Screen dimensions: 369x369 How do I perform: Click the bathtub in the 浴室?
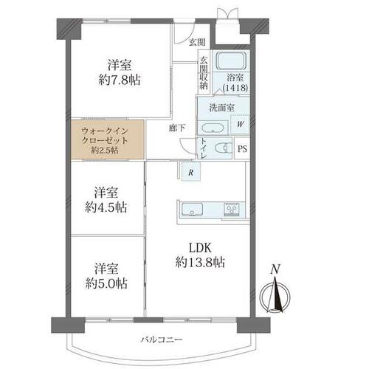pyautogui.click(x=231, y=61)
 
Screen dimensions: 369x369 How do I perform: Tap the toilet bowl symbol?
pyautogui.click(x=224, y=148)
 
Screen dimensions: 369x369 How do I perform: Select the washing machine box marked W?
pyautogui.click(x=240, y=124)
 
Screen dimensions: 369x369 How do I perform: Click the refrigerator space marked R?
pyautogui.click(x=191, y=172)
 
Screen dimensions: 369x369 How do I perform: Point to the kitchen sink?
pyautogui.click(x=192, y=210)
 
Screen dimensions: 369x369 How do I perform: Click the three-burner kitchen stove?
pyautogui.click(x=232, y=210)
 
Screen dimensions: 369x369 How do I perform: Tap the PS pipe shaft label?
pyautogui.click(x=242, y=149)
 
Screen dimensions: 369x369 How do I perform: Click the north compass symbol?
pyautogui.click(x=275, y=294)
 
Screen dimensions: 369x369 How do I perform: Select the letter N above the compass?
pyautogui.click(x=275, y=269)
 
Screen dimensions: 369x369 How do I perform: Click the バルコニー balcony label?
pyautogui.click(x=162, y=340)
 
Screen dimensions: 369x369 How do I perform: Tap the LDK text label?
pyautogui.click(x=200, y=248)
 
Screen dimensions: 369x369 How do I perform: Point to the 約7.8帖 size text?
pyautogui.click(x=120, y=80)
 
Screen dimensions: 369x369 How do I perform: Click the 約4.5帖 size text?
pyautogui.click(x=106, y=207)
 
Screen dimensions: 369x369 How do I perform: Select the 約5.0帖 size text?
pyautogui.click(x=106, y=283)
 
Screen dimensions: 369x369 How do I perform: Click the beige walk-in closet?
pyautogui.click(x=107, y=139)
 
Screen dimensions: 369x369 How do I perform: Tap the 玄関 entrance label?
pyautogui.click(x=197, y=42)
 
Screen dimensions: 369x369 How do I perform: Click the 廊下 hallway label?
pyautogui.click(x=177, y=128)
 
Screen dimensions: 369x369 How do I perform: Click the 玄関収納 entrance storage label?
pyautogui.click(x=204, y=73)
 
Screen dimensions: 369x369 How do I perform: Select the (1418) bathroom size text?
pyautogui.click(x=235, y=88)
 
